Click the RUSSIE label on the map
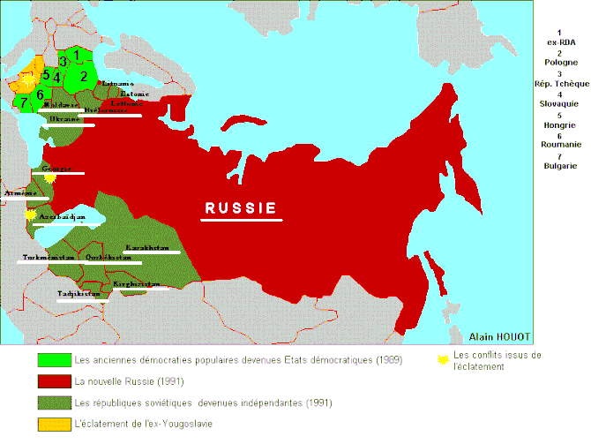[x=241, y=208]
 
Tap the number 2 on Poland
[x=84, y=76]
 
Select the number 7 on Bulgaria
[x=24, y=102]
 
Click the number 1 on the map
[x=77, y=55]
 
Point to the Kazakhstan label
[x=146, y=247]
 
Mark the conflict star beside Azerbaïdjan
[x=31, y=214]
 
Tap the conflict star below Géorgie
[x=50, y=177]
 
